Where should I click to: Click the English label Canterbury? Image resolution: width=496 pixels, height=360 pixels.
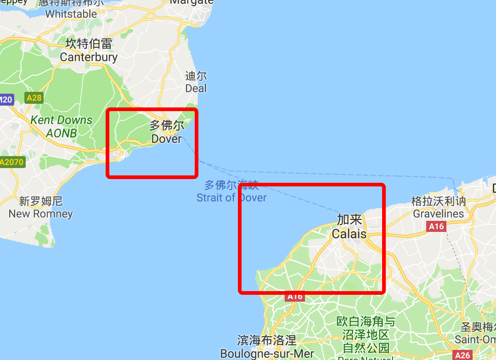coord(89,57)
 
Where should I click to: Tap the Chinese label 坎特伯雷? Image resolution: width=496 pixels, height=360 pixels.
coord(89,44)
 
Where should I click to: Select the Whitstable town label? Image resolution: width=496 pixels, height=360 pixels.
coord(71,14)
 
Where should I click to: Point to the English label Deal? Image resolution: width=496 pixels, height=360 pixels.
coord(196,88)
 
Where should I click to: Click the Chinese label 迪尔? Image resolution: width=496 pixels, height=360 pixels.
coord(196,76)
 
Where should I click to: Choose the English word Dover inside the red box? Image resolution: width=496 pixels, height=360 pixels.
coord(166,138)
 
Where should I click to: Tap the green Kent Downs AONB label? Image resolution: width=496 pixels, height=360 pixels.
coord(61,127)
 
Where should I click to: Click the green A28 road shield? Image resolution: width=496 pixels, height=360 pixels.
coord(34,98)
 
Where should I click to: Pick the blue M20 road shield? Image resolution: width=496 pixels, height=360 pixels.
coord(6,100)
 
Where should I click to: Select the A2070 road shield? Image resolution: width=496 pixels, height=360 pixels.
coord(11,162)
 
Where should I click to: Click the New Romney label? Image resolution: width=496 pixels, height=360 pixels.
coord(41,214)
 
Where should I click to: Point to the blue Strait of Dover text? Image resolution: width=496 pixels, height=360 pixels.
coord(231,198)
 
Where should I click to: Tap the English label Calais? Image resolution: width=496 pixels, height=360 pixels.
coord(349,234)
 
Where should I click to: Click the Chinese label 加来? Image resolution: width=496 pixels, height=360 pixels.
coord(349,219)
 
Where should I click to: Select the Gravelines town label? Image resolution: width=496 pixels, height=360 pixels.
coord(438,214)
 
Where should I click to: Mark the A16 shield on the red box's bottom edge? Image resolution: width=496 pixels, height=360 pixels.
coord(295,297)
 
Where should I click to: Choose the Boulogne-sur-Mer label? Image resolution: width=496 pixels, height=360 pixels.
coord(267,354)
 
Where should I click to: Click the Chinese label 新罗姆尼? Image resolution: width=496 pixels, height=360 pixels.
coord(41,201)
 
